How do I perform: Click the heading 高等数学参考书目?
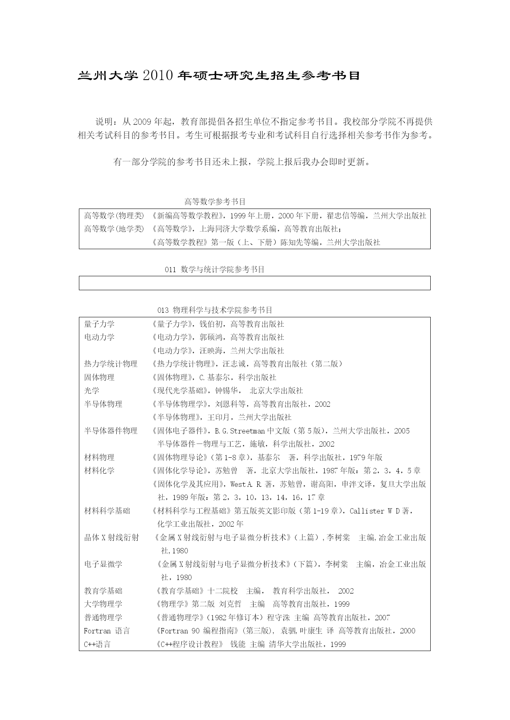[x=215, y=202]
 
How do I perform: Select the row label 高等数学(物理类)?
[x=114, y=216]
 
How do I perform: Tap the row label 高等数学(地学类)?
[x=114, y=229]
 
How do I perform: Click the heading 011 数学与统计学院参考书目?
[x=215, y=269]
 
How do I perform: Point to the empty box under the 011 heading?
[x=254, y=283]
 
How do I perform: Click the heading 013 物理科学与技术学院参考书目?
[x=215, y=310]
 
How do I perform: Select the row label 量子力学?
[x=99, y=324]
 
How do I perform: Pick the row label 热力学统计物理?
[x=111, y=364]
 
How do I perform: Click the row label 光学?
[x=92, y=390]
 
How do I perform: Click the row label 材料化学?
[x=99, y=470]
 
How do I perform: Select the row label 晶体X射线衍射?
[x=111, y=537]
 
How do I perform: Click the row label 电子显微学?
[x=103, y=564]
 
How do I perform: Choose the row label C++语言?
[x=97, y=644]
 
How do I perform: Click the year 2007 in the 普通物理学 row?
[x=382, y=617]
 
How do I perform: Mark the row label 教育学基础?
[x=103, y=591]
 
